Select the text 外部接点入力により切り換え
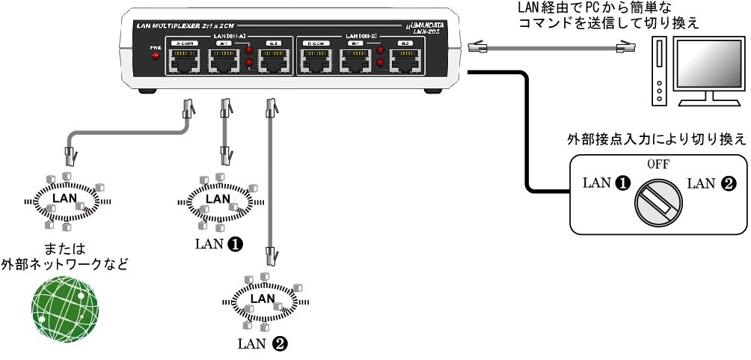tap(656, 139)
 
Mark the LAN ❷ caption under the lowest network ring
tap(262, 344)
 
